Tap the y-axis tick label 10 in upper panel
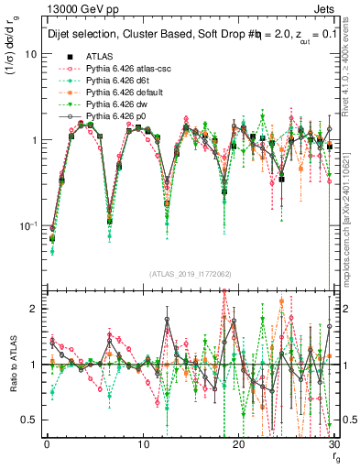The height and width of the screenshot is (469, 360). coord(30,54)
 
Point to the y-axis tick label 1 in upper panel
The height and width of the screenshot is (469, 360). coord(33,140)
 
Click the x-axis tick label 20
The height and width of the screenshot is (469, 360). coord(238,445)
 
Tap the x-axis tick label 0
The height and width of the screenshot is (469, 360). coord(46,445)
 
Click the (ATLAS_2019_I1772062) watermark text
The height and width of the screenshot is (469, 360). coord(189,272)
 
